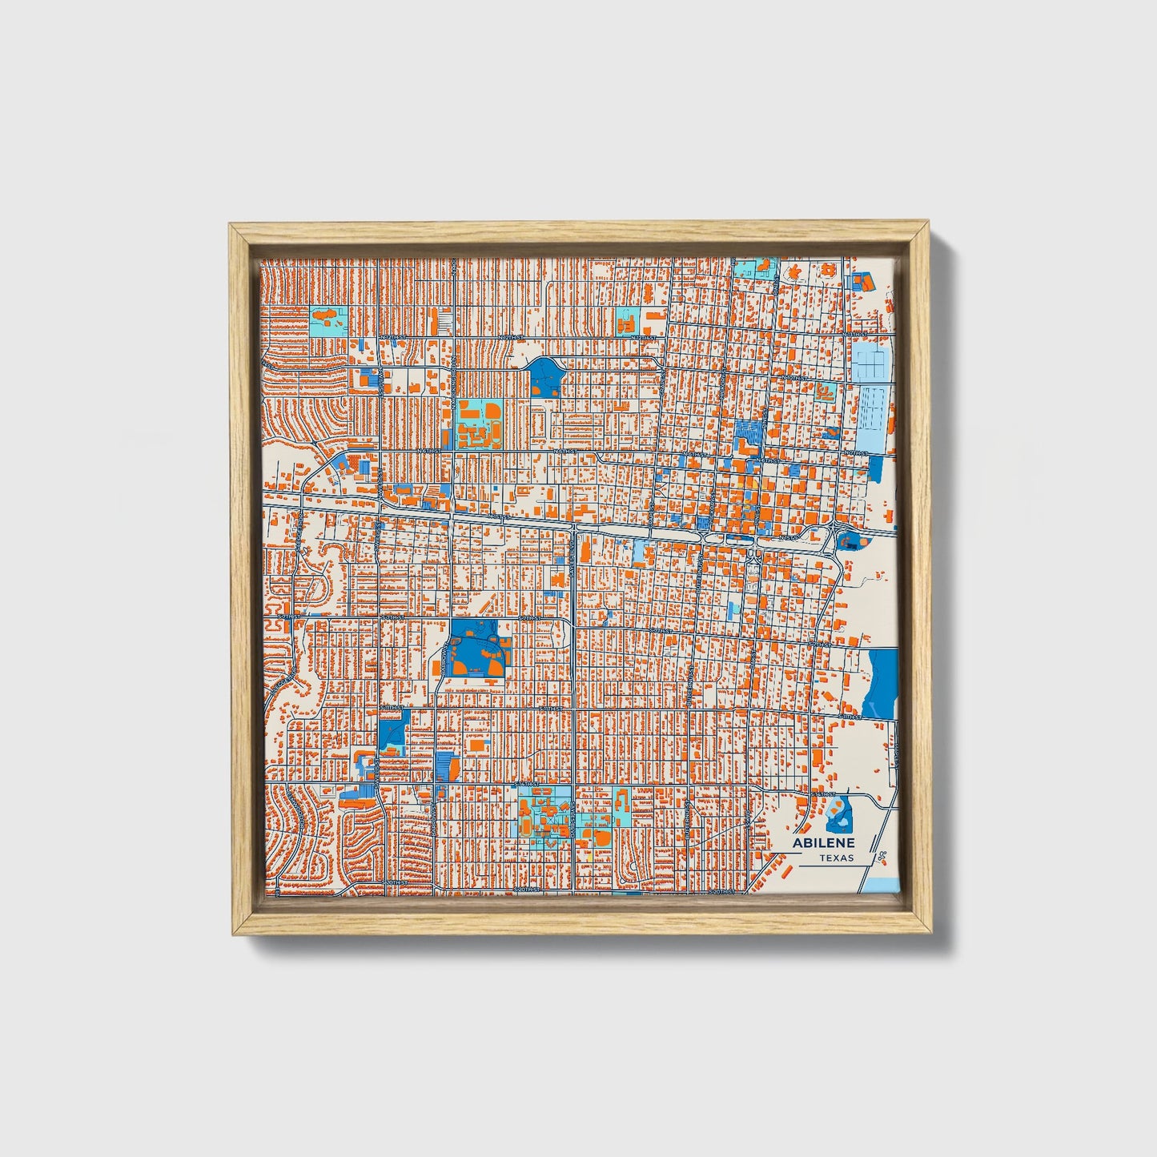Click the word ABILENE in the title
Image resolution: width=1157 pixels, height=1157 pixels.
pyautogui.click(x=823, y=842)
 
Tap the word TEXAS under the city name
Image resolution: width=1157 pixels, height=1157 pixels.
pyautogui.click(x=836, y=858)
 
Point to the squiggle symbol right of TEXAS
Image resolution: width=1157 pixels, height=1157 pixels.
pyautogui.click(x=882, y=858)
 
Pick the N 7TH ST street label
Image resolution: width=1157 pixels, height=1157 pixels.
pyautogui.click(x=858, y=453)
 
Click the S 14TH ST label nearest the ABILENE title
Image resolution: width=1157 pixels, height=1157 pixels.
pyautogui.click(x=822, y=793)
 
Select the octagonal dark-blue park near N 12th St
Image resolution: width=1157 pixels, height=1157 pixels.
pyautogui.click(x=544, y=376)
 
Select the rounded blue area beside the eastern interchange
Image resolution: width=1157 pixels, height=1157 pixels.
pyautogui.click(x=847, y=541)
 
